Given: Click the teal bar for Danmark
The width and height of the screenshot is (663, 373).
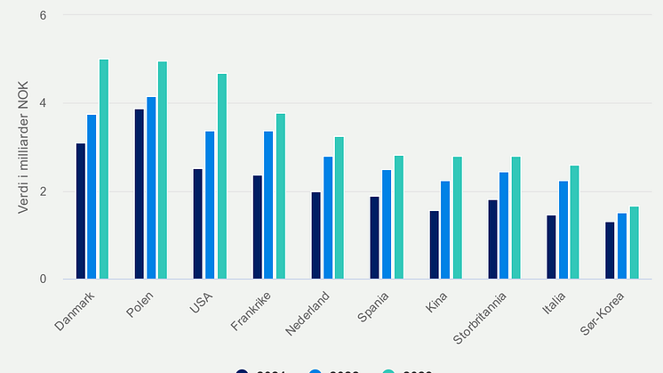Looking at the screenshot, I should tap(104, 169).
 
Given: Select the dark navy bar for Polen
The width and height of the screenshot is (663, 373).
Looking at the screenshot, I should tap(140, 194).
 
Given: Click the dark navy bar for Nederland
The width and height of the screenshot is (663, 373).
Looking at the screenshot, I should tap(316, 235).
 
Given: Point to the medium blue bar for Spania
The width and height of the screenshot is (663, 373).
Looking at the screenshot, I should tap(387, 224).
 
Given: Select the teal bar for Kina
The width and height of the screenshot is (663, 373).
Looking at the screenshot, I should tap(458, 217).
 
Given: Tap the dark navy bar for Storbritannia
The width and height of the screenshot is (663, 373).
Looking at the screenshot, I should tap(492, 239).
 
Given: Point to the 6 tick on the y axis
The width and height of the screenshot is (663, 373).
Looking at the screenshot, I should tap(43, 16).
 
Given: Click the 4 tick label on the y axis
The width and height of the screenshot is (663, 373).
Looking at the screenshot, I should tap(43, 103).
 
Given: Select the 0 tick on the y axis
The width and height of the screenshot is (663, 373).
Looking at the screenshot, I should tap(43, 279).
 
